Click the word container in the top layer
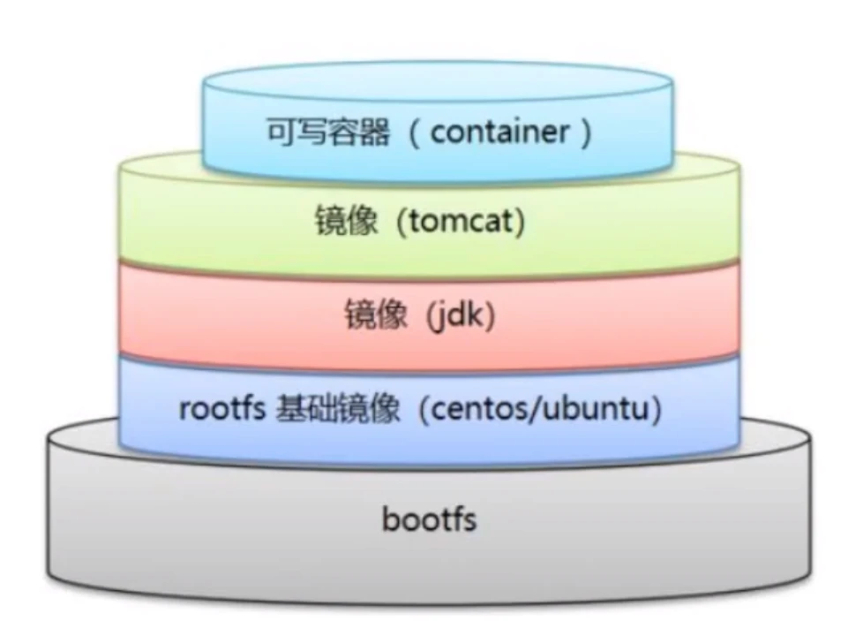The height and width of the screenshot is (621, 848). pos(500,133)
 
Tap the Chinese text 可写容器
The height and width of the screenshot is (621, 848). pos(327,133)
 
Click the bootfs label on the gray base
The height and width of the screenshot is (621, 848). pos(429,519)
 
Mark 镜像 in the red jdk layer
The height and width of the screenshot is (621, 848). pos(374,315)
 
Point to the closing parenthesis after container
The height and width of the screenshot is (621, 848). pos(583,133)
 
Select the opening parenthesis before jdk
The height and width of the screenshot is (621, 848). pos(424,315)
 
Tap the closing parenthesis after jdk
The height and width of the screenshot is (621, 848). pos(490,315)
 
